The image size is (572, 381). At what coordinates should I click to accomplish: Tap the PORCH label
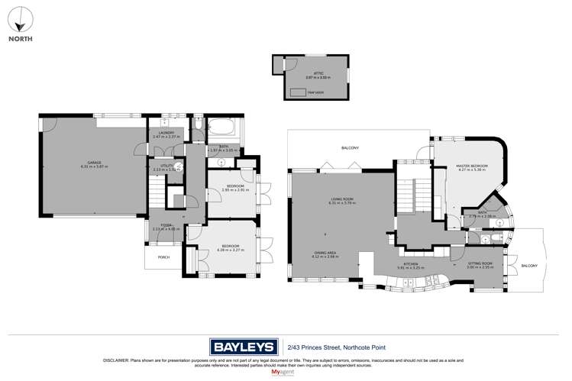click(163, 258)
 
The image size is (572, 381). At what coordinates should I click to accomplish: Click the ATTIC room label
click(309, 75)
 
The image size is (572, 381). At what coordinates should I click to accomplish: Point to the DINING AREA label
click(326, 254)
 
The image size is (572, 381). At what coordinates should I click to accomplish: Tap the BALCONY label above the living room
click(350, 147)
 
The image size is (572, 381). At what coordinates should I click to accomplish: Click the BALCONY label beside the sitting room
click(529, 266)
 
